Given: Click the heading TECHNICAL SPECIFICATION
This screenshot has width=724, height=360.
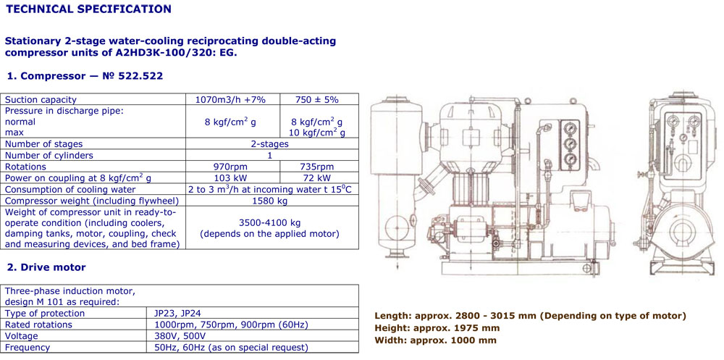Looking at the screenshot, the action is tap(88, 9).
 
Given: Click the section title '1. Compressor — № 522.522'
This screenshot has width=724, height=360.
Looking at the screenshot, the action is tap(84, 76).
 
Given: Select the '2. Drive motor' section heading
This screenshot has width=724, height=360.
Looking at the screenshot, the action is tap(46, 267).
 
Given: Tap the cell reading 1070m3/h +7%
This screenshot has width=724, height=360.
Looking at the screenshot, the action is tap(231, 99).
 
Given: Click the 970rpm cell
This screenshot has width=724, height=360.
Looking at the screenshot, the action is tap(231, 167).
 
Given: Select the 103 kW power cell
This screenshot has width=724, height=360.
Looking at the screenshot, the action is tap(231, 178).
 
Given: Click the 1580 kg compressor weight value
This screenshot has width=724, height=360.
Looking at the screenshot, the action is tap(271, 201).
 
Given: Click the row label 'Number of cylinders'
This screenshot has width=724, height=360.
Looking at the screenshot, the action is tap(49, 155).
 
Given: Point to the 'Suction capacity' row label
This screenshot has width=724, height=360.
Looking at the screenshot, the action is tap(41, 99).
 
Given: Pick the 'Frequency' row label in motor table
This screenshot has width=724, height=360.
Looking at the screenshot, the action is tap(28, 348).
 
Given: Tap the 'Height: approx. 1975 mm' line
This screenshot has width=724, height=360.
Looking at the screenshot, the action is tap(437, 328).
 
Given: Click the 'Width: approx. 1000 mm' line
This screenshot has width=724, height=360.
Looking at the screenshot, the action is tap(435, 340).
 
